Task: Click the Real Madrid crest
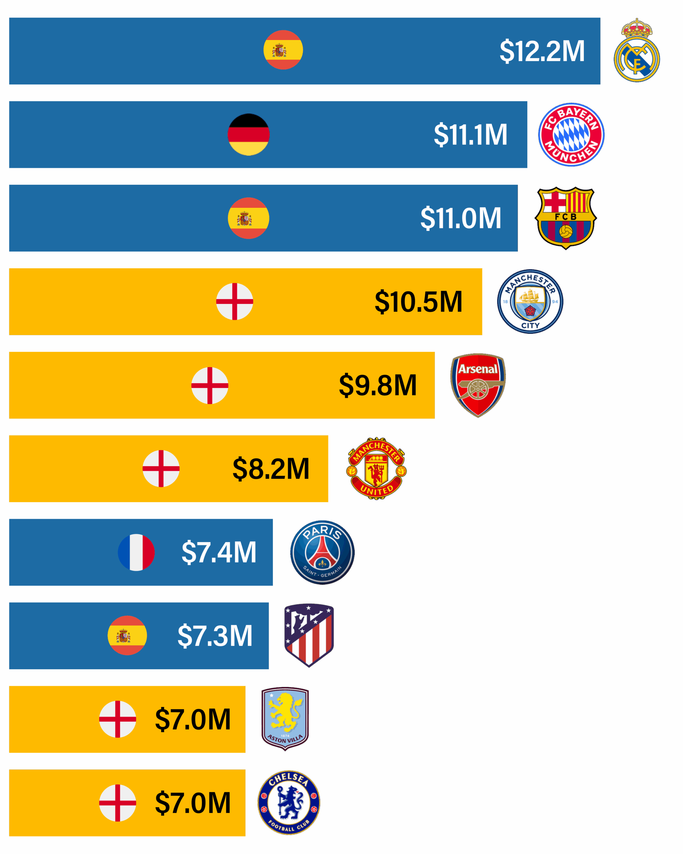[636, 51]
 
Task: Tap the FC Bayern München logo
[571, 135]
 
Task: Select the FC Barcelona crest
[565, 218]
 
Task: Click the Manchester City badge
[530, 302]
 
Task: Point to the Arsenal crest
[478, 385]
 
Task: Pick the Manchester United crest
[376, 469]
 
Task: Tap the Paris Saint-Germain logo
[322, 552]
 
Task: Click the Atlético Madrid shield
[309, 635]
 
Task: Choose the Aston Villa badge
[285, 719]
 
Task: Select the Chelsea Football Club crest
[289, 803]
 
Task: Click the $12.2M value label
[542, 51]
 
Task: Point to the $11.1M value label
[470, 135]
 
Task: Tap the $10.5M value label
[419, 302]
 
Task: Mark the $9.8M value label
[378, 385]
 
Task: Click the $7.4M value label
[219, 552]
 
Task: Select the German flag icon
[249, 135]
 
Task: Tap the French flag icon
[136, 552]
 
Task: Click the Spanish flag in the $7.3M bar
[127, 635]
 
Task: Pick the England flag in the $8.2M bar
[161, 469]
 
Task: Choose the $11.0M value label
[461, 218]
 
